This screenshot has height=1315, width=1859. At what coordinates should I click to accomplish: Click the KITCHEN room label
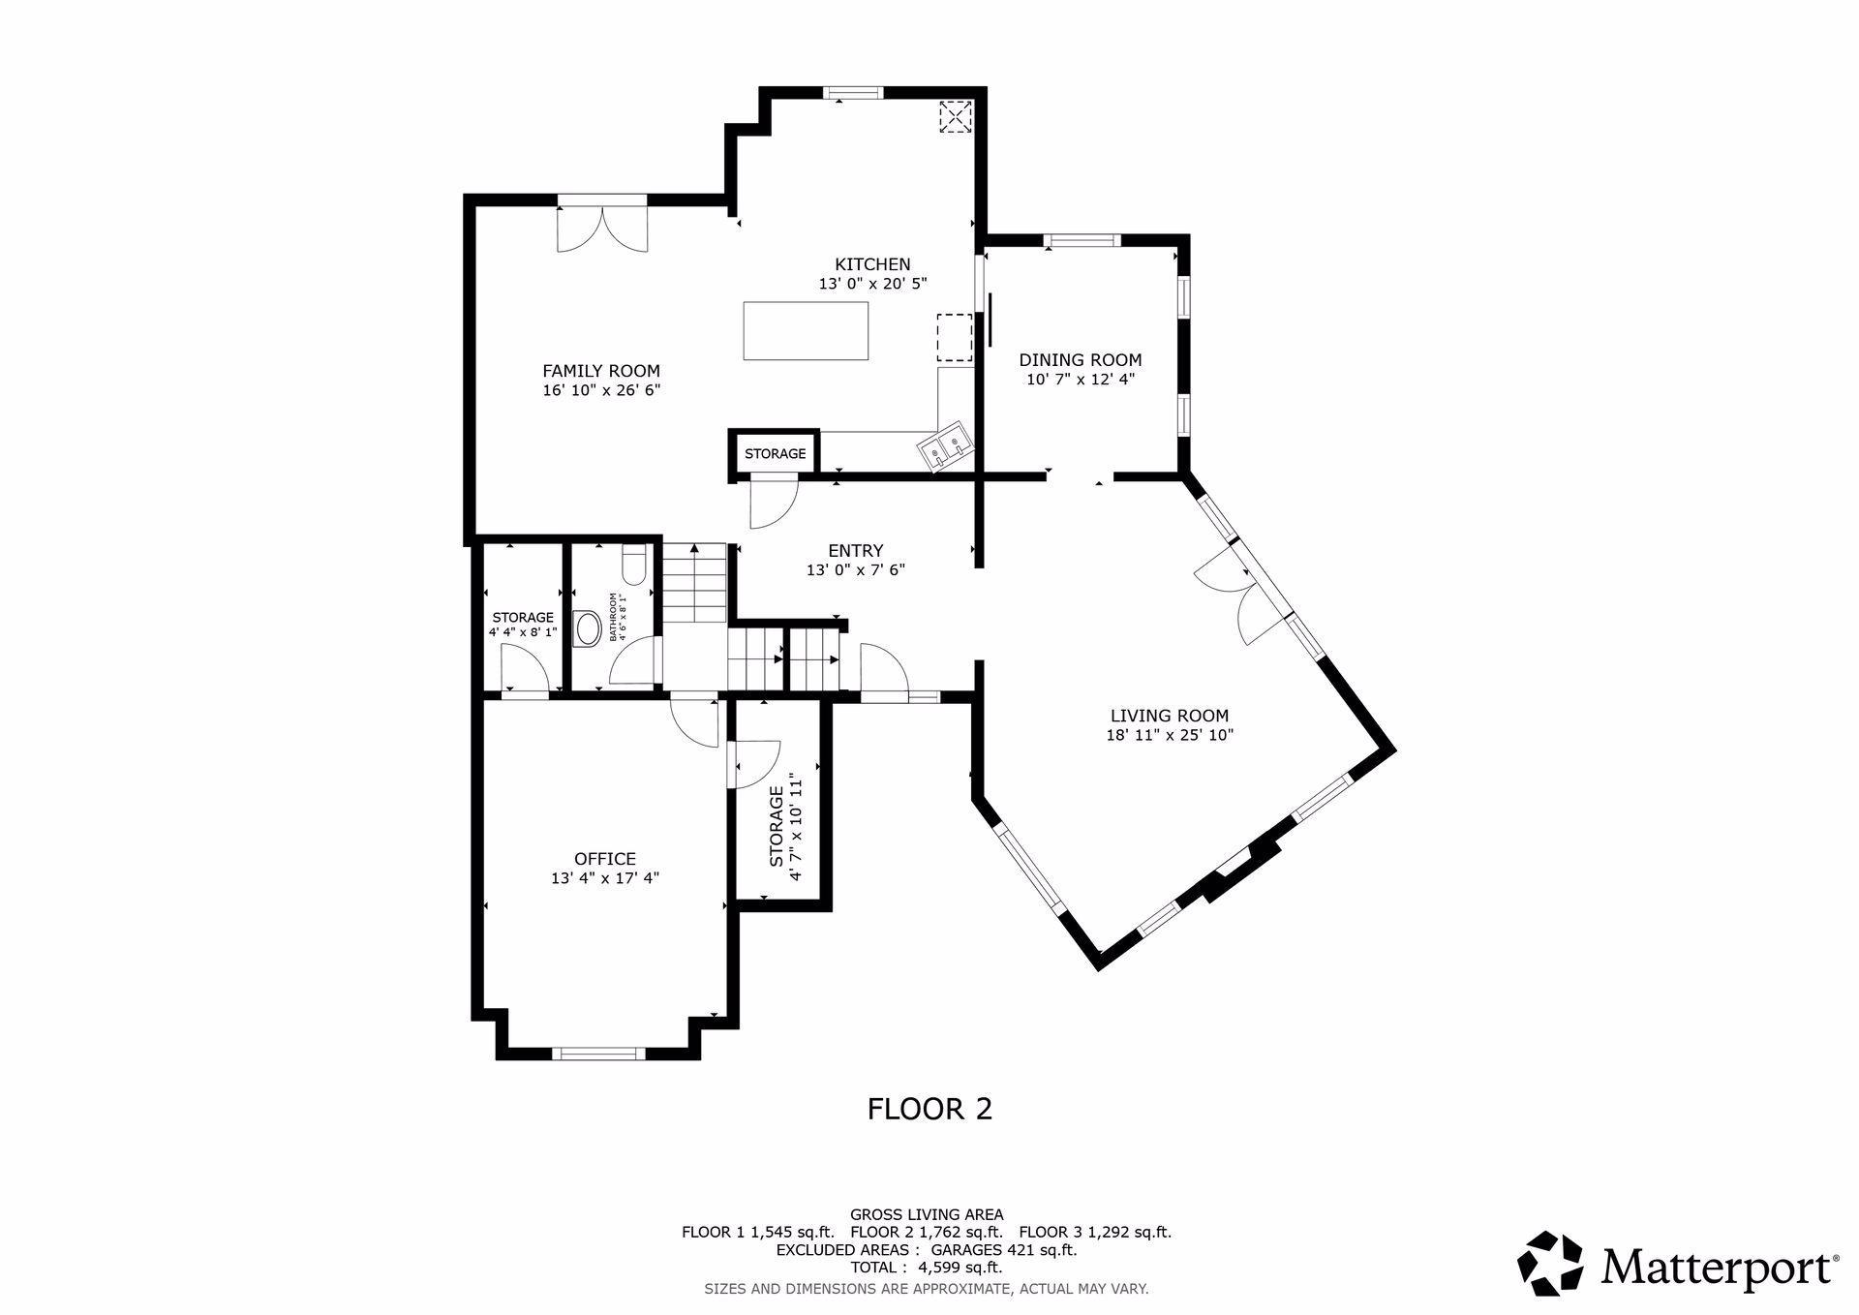[x=872, y=264]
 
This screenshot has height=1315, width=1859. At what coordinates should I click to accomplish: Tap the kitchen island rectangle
[x=806, y=331]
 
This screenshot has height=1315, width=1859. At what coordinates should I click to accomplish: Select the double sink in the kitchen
[x=945, y=448]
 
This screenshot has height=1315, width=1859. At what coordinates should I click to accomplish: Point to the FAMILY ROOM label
[x=601, y=371]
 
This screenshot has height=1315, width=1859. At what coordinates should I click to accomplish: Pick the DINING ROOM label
[x=1080, y=360]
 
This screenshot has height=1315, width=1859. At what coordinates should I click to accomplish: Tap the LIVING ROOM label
[x=1170, y=716]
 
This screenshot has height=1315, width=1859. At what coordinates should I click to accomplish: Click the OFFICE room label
[x=605, y=859]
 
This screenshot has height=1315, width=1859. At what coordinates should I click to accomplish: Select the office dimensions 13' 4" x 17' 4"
[x=605, y=878]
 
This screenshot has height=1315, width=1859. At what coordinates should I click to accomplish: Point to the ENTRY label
[x=856, y=552]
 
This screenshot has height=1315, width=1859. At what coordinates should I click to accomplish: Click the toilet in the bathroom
[x=634, y=566]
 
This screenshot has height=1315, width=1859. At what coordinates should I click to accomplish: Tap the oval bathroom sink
[x=588, y=628]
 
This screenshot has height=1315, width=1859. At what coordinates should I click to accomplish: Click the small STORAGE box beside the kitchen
[x=775, y=453]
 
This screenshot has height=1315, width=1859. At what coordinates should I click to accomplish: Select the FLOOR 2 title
[x=929, y=1109]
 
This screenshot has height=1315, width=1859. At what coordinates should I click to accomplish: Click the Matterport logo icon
[x=1550, y=1263]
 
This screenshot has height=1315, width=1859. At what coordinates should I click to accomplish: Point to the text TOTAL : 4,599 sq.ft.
[x=927, y=1268]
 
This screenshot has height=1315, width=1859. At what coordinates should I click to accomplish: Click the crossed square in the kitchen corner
[x=956, y=117]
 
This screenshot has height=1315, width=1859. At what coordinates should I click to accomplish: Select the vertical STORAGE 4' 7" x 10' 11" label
[x=785, y=827]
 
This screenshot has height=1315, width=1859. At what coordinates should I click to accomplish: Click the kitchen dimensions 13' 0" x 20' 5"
[x=872, y=284]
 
